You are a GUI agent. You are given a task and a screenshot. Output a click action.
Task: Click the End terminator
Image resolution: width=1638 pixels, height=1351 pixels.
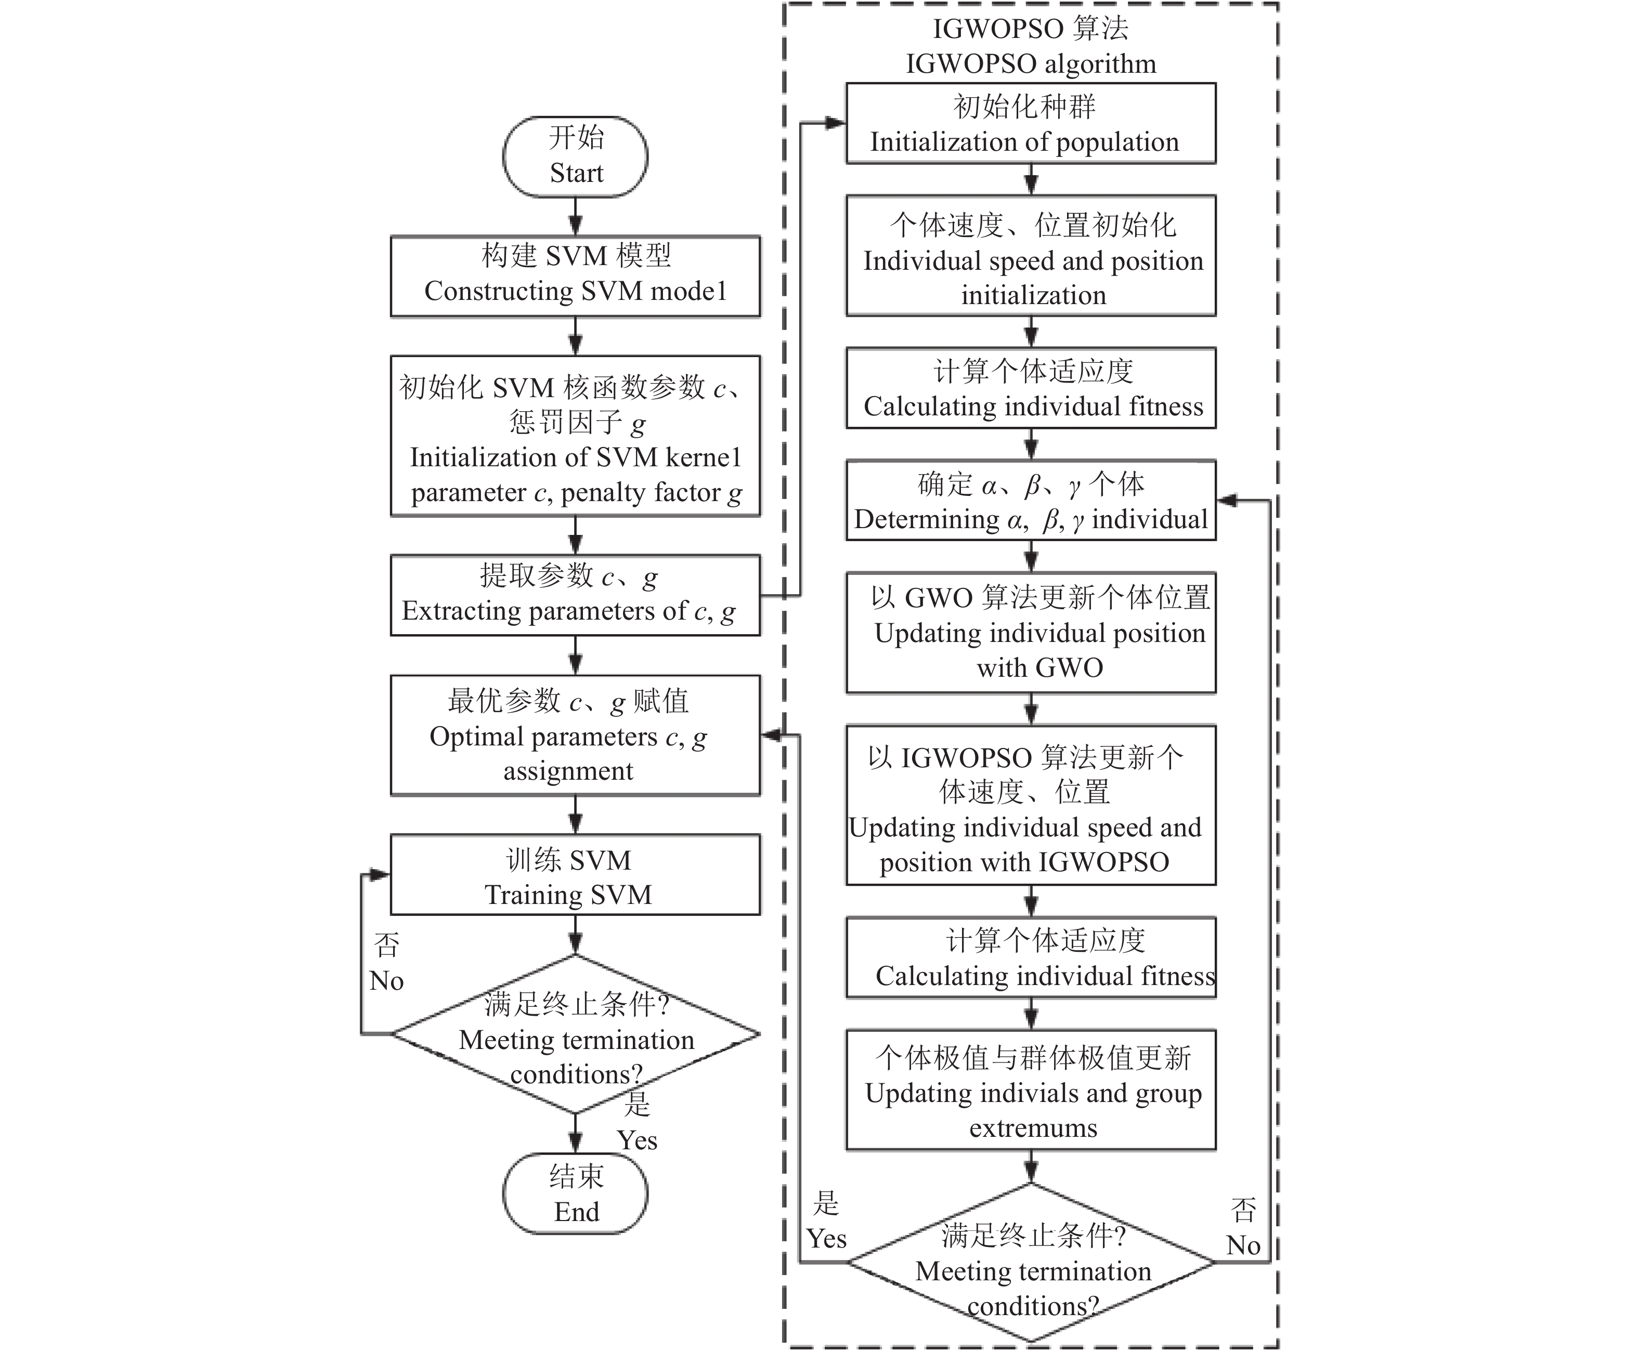(575, 1193)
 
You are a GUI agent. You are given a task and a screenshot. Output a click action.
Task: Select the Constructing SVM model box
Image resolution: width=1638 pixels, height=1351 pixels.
(575, 276)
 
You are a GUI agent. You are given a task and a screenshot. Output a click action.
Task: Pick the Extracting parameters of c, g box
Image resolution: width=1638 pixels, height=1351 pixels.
(575, 595)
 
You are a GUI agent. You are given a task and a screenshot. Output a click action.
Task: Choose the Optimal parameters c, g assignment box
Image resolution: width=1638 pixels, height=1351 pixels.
(575, 736)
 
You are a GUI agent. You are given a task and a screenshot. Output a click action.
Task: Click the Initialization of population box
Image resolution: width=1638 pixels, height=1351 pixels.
(1031, 123)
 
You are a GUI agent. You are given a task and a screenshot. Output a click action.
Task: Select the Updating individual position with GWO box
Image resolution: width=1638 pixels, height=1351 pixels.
(1031, 633)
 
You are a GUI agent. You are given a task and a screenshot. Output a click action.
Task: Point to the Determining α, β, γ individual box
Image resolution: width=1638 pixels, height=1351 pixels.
(1031, 501)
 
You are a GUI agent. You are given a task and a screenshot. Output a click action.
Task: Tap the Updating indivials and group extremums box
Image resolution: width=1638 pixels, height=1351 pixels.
(1031, 1090)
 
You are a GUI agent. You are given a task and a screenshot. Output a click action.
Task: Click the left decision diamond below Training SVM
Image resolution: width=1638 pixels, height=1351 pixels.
(575, 1034)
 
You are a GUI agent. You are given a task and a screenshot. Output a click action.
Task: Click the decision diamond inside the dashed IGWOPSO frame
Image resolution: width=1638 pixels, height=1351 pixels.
(1031, 1262)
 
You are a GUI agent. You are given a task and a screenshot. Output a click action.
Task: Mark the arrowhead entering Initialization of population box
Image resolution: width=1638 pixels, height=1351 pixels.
(836, 123)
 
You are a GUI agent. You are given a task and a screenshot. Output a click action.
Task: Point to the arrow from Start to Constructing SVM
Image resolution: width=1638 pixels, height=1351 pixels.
(575, 216)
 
